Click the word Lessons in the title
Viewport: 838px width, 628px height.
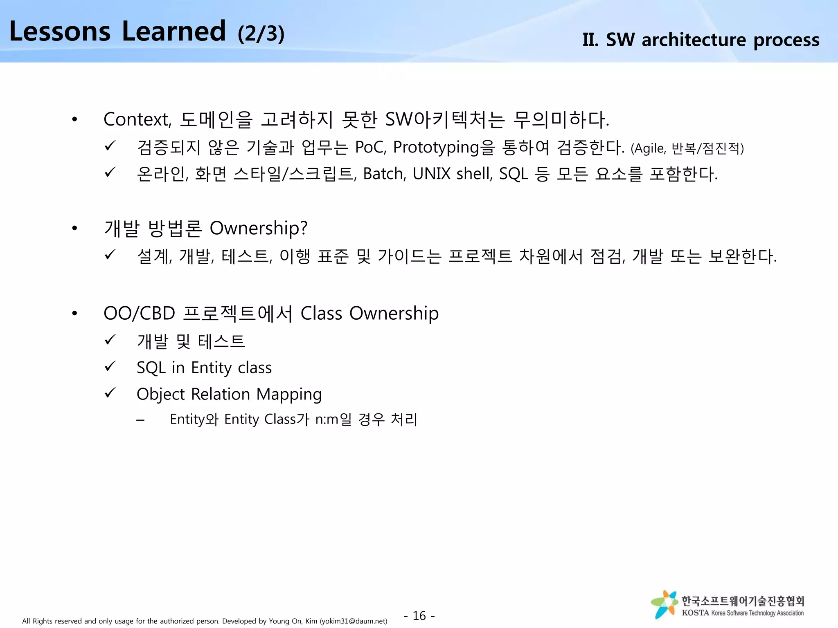60,31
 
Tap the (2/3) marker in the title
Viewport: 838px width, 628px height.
261,34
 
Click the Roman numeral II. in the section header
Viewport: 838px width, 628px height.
590,40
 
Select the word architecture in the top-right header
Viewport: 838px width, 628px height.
694,40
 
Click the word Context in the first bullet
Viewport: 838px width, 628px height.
137,119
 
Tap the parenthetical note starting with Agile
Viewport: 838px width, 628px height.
687,148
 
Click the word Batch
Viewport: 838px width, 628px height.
384,174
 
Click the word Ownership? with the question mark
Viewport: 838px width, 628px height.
258,228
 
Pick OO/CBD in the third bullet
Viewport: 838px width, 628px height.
139,314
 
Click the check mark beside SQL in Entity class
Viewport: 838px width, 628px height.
110,366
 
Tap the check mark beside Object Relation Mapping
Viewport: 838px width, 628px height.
110,393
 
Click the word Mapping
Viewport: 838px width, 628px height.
289,395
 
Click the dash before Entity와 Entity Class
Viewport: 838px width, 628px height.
140,420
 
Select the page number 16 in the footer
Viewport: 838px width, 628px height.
419,615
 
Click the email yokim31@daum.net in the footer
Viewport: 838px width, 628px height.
353,621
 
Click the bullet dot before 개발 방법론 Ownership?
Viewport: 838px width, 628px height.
74,228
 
